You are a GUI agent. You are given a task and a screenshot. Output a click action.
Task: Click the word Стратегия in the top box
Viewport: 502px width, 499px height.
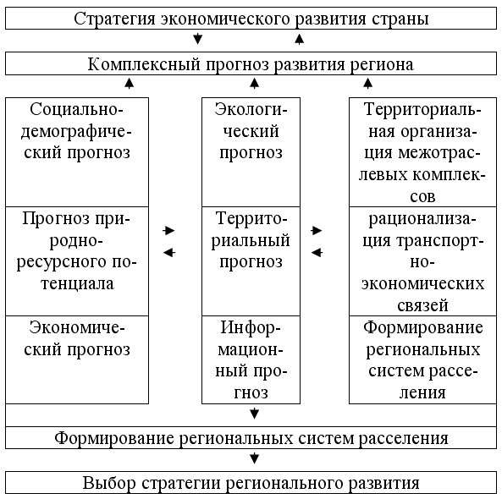[114, 19]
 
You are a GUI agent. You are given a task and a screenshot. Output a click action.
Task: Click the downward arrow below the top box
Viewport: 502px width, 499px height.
[197, 39]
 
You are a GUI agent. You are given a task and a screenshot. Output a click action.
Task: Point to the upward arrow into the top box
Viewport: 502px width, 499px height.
[299, 39]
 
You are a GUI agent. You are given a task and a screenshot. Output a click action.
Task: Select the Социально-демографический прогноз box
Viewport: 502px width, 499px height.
[77, 152]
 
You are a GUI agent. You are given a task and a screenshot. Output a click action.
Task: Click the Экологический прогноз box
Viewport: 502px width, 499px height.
[251, 152]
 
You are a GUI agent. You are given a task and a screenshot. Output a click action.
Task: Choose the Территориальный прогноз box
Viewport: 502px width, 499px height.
[251, 261]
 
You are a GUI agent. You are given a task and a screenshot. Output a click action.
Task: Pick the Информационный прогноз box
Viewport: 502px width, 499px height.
[251, 359]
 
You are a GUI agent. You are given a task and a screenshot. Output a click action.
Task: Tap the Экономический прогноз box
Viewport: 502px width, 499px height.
[77, 359]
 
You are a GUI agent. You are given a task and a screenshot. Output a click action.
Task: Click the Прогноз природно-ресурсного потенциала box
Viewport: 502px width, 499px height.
[77, 261]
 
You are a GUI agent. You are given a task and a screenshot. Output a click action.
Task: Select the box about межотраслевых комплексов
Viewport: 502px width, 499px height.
[422, 152]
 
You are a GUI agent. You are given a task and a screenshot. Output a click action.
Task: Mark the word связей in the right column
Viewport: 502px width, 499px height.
[422, 305]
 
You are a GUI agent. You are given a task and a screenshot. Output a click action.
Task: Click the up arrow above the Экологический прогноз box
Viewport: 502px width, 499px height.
[254, 83]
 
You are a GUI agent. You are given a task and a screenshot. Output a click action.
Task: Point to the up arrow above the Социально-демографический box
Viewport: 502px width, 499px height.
[129, 83]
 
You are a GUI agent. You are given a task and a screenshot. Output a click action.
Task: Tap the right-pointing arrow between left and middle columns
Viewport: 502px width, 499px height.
[168, 230]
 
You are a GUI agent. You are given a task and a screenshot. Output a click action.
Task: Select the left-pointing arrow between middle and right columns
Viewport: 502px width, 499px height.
[317, 253]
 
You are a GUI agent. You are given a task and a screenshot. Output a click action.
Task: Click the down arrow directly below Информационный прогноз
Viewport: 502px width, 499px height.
[254, 414]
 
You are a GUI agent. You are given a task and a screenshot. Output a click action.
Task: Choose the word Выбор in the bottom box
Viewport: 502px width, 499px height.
[109, 483]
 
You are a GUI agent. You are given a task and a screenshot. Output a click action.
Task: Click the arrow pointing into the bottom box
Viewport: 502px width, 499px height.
[254, 458]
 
